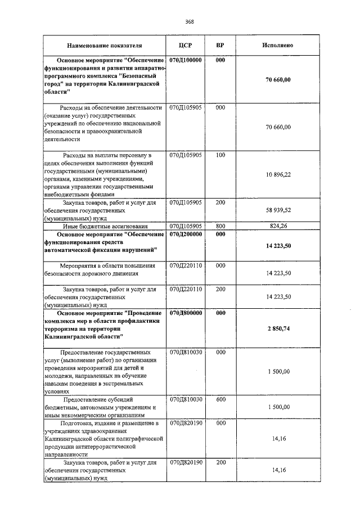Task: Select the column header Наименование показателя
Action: (104, 45)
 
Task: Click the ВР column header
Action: (220, 45)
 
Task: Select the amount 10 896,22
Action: (278, 175)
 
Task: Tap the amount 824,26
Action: (278, 226)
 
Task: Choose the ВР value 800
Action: (220, 226)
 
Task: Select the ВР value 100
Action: (220, 154)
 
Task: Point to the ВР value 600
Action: (220, 399)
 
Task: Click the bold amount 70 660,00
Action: (278, 80)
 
